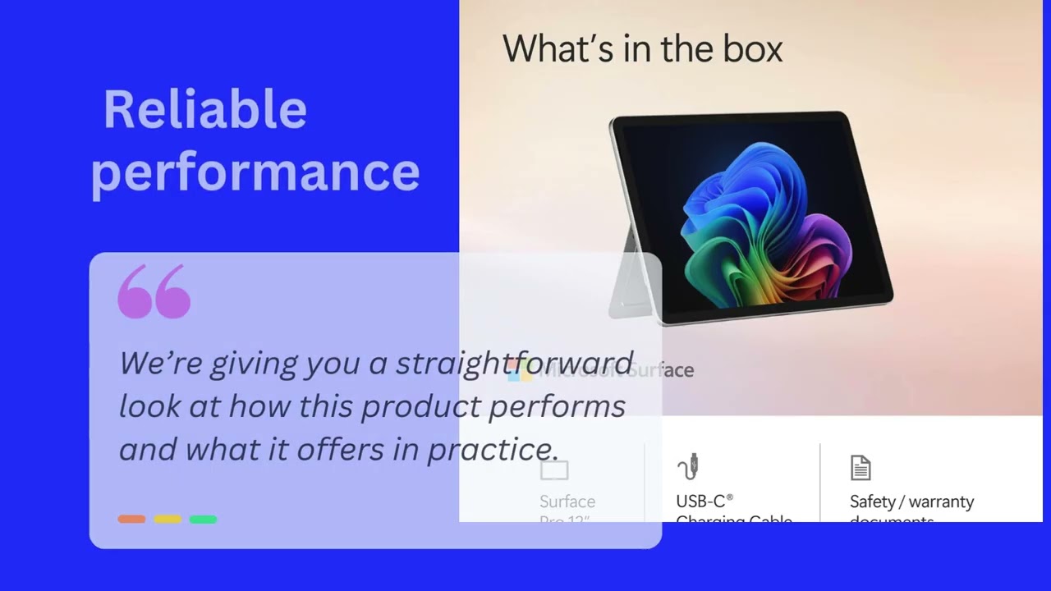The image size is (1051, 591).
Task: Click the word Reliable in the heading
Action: [205, 110]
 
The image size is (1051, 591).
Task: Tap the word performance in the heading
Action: [255, 172]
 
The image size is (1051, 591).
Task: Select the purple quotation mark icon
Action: [154, 291]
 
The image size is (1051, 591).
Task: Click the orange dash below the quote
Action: [131, 519]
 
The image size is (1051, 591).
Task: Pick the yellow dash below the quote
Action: [168, 519]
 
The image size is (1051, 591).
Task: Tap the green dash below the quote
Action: [203, 519]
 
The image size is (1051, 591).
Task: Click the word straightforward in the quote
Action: [514, 363]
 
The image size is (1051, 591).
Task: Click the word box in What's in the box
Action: [752, 49]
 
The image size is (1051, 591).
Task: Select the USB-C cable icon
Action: [688, 466]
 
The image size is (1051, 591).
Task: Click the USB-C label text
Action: [704, 501]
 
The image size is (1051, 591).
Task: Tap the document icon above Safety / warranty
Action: [860, 468]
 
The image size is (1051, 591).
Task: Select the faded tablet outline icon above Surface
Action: [554, 470]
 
